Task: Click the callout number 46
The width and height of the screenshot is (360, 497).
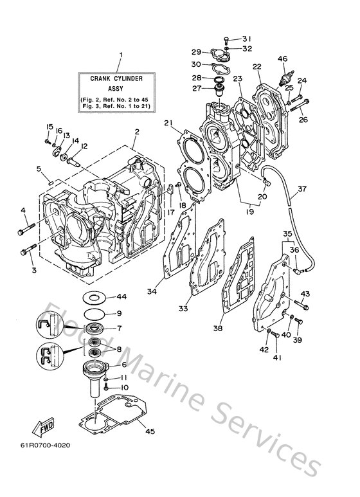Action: pos(282,60)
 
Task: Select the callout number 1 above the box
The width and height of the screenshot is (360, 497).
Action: pos(120,56)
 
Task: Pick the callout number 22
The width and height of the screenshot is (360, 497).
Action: pos(256,66)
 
